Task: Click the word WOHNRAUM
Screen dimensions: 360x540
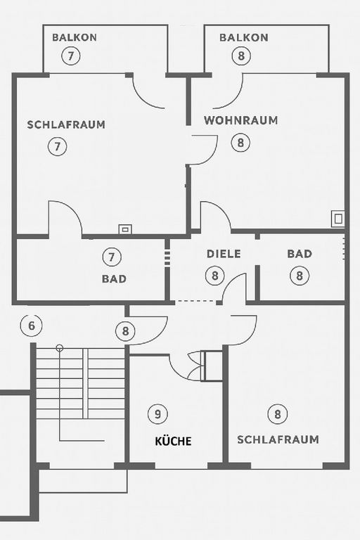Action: coord(240,120)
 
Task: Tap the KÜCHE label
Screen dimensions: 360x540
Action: coord(173,441)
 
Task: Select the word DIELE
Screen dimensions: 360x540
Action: coord(224,254)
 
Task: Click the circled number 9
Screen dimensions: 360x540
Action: coord(157,413)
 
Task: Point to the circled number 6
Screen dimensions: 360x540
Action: coord(32,326)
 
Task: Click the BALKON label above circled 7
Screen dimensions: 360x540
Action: coord(75,37)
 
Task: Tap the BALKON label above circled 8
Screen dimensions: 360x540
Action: coord(244,37)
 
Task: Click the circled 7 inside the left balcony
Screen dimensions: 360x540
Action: coord(71,56)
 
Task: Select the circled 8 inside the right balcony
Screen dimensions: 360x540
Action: coord(241,56)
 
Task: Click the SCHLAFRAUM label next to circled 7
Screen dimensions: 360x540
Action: coord(66,124)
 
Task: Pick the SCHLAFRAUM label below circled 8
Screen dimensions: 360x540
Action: coord(278,439)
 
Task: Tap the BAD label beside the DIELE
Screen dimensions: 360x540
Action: coord(300,254)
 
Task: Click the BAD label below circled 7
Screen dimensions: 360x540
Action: coord(114,278)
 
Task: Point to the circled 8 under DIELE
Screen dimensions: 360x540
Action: coord(215,276)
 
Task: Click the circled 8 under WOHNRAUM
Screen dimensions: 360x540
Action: coord(240,142)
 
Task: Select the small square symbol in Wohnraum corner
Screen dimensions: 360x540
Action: coord(338,219)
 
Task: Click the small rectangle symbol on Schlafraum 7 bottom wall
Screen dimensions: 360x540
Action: coord(125,229)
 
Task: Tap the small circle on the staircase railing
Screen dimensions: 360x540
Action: coord(60,348)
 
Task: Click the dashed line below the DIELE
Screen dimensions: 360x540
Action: coord(195,302)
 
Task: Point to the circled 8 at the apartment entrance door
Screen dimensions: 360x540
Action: coord(125,331)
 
